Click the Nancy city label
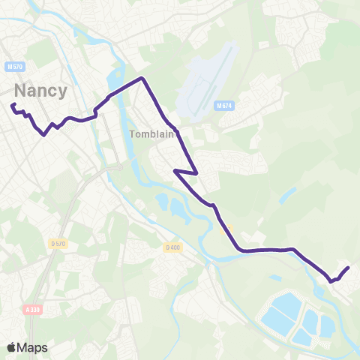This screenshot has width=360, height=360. pyautogui.click(x=40, y=91)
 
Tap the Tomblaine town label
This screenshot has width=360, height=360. pyautogui.click(x=152, y=135)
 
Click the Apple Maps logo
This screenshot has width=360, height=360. pyautogui.click(x=27, y=347)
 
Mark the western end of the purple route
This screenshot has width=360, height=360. pyautogui.click(x=13, y=105)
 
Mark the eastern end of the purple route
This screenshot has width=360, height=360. pyautogui.click(x=349, y=268)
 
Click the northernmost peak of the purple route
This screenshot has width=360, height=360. pyautogui.click(x=141, y=78)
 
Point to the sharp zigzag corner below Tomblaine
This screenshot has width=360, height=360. pyautogui.click(x=175, y=170)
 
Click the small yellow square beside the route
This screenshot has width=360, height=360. pyautogui.click(x=229, y=229)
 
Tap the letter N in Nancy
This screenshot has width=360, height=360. pyautogui.click(x=20, y=91)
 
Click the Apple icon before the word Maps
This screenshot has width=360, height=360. pyautogui.click(x=11, y=347)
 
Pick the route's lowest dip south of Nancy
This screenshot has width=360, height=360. pyautogui.click(x=44, y=136)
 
